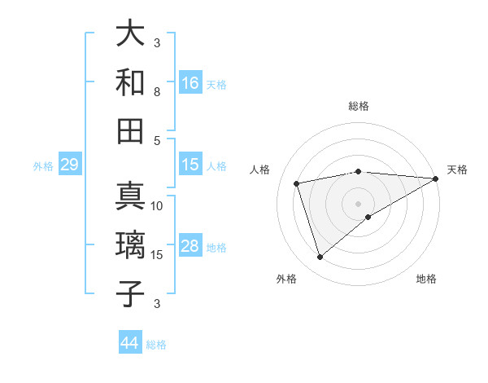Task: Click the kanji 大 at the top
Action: coord(130,35)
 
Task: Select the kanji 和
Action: coord(130,82)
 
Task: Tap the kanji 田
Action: coord(130,130)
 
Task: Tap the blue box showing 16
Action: coord(190,82)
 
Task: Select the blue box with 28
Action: coord(190,246)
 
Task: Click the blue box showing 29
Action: coord(69,165)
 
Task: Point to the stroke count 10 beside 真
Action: coord(157,205)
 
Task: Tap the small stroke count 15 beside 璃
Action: coord(157,254)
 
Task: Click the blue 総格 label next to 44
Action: coord(156,345)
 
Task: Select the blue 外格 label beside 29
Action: coord(43,166)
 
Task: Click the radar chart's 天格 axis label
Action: coord(457,169)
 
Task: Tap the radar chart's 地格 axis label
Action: coord(426,279)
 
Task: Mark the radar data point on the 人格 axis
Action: coord(298,183)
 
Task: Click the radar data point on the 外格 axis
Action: coord(320,258)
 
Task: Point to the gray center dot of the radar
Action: coord(358,202)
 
